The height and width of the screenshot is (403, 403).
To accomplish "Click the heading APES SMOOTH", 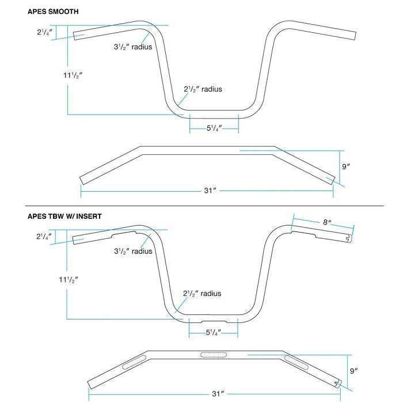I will click(53, 12).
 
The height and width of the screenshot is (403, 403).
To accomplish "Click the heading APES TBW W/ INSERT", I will click(64, 216).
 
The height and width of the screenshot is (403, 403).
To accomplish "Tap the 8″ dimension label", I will click(326, 222).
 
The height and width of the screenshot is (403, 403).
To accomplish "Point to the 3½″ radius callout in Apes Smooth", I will click(133, 47).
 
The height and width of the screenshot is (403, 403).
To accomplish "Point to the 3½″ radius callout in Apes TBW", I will click(133, 251).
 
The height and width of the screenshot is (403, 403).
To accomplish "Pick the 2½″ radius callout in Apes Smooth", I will click(203, 89).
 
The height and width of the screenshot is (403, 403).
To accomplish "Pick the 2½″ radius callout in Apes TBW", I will click(202, 294).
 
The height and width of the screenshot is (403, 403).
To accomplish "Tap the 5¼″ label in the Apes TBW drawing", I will click(214, 332).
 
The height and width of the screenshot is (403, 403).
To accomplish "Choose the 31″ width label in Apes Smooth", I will click(210, 190).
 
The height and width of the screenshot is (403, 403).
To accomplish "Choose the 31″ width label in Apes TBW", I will click(217, 394).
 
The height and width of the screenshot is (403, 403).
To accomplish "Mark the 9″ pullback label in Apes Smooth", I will click(347, 166).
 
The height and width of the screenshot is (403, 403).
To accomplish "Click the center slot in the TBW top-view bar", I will click(211, 355).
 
